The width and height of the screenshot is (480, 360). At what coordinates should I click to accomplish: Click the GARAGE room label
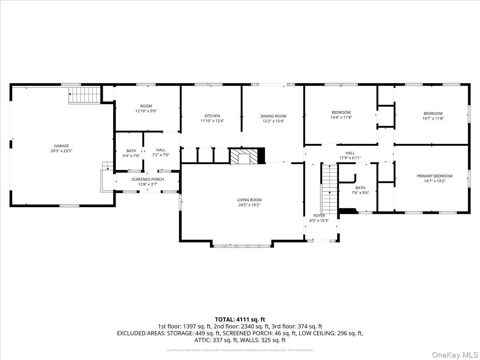[x=62, y=146]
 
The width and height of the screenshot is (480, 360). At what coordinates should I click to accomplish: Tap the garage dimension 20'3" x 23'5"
[x=62, y=151]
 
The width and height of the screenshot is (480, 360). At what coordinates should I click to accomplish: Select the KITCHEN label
[x=212, y=116]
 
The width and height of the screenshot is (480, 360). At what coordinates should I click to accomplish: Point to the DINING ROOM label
[x=274, y=116]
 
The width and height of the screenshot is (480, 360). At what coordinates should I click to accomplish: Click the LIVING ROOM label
[x=249, y=200]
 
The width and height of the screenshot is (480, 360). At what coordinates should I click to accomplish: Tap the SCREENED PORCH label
[x=148, y=179]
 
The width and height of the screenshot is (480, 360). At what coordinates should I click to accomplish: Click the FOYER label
[x=319, y=216]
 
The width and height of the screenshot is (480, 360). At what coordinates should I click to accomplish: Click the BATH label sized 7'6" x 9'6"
[x=360, y=188]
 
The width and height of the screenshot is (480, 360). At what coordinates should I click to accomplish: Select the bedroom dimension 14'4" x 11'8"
[x=341, y=118]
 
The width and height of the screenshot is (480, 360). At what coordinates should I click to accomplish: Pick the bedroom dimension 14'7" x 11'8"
[x=433, y=118]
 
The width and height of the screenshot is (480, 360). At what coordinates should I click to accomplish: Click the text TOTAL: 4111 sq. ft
[x=240, y=319]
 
